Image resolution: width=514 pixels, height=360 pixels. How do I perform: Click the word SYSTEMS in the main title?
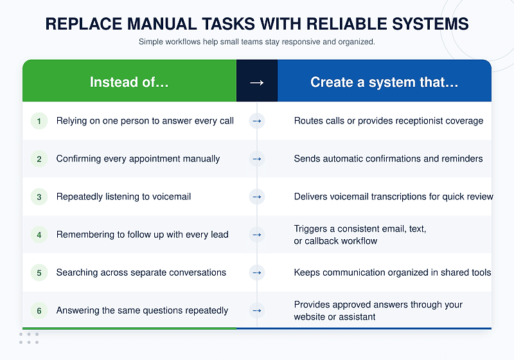point(430,24)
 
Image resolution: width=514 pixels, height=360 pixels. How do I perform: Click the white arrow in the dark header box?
point(256,83)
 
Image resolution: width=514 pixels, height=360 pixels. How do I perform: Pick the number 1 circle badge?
point(39,121)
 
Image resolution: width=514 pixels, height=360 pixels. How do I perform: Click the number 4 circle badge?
point(39,235)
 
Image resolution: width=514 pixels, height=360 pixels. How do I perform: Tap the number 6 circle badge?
point(39,310)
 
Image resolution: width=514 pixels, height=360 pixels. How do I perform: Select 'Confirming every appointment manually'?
point(138,159)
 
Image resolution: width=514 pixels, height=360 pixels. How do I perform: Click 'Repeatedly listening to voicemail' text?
point(123,197)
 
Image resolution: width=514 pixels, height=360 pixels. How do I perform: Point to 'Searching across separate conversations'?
point(141,273)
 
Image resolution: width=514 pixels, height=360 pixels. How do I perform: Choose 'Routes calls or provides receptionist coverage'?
point(389,121)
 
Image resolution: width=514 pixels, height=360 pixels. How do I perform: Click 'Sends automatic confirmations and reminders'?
point(389,159)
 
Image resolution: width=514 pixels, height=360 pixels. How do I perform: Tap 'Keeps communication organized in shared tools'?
point(393,273)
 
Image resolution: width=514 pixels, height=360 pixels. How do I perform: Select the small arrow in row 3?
point(256,197)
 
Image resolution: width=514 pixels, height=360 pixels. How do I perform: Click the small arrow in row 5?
point(256,273)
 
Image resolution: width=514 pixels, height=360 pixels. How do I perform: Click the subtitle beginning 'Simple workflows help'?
point(256,42)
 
